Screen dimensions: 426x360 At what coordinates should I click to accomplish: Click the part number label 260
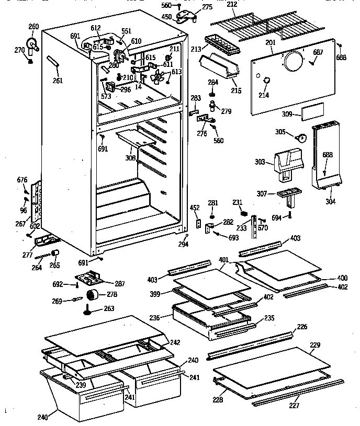point(33,27)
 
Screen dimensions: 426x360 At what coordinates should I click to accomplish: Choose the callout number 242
point(175,342)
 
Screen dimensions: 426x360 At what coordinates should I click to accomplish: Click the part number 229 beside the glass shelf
point(314,345)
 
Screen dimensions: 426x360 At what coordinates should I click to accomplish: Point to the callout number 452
point(195,208)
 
